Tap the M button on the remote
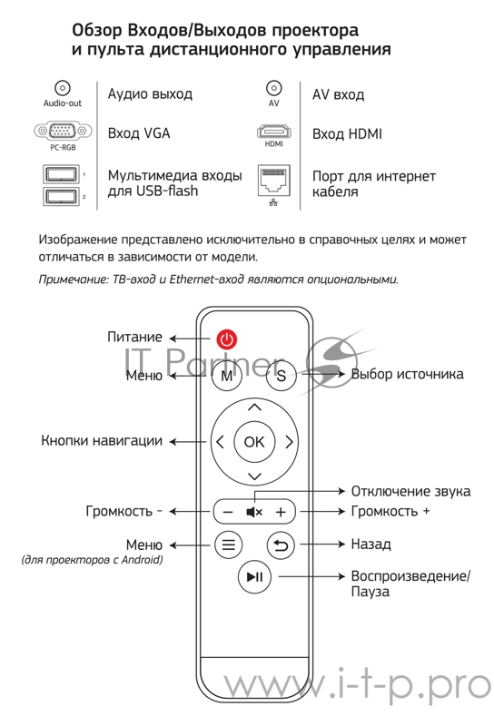227,374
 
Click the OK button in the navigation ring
254,442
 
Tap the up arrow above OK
254,407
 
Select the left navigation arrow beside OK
221,443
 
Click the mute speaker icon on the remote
254,512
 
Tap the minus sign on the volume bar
228,512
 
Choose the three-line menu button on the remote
228,544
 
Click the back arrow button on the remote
281,544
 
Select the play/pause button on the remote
254,576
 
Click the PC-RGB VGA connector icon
63,132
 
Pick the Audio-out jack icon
63,88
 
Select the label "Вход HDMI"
347,134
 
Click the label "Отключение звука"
410,491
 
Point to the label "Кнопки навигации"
102,442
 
